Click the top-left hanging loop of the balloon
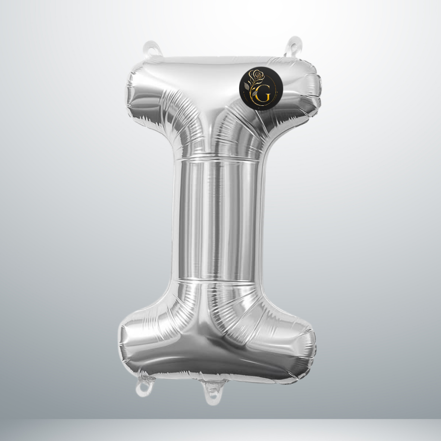152,50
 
